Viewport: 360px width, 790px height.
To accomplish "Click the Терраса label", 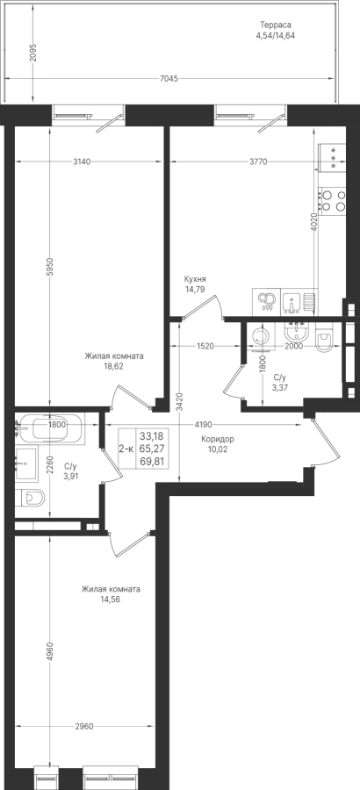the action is [x=276, y=25].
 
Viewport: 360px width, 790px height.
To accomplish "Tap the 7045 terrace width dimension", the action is [x=169, y=79].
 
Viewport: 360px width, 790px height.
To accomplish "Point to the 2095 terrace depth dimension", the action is [x=32, y=53].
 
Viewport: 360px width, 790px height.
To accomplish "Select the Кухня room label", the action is [x=195, y=279].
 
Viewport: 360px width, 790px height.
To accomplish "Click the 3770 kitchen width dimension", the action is [x=257, y=162].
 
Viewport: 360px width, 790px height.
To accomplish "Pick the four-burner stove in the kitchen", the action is [x=332, y=200].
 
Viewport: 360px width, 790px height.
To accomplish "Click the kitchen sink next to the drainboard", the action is [x=292, y=302].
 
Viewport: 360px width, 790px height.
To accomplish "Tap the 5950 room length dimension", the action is [x=49, y=266].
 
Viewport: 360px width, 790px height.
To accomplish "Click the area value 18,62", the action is [x=113, y=366].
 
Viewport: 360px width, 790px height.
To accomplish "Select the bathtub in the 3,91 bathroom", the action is [x=56, y=428].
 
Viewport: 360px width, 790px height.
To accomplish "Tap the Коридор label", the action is [x=217, y=439].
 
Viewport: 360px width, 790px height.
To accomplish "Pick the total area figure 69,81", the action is [x=152, y=461].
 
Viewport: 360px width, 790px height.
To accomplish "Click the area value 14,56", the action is [x=111, y=600].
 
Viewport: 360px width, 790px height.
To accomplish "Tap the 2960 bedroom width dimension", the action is [x=84, y=726].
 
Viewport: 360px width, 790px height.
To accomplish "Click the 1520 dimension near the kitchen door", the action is [x=205, y=346].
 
